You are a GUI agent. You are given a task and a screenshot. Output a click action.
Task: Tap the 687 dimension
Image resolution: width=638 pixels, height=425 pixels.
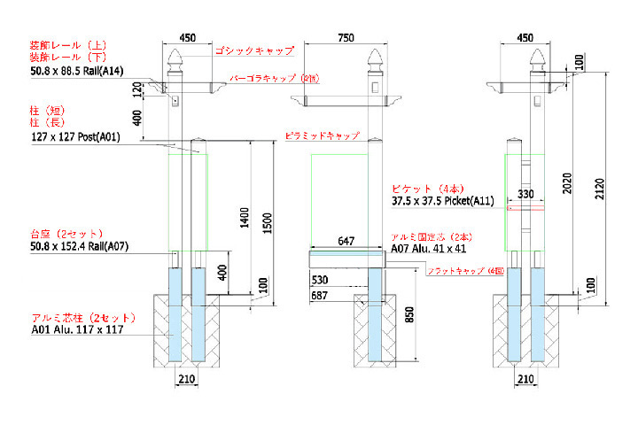point(321,295)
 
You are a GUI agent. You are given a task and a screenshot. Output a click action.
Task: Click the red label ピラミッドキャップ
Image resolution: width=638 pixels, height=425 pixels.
point(323,136)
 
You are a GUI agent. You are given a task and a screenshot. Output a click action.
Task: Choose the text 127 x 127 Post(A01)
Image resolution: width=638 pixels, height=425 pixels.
point(74,138)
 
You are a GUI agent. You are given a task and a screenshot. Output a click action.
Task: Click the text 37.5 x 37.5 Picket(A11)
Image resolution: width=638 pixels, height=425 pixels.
point(442,201)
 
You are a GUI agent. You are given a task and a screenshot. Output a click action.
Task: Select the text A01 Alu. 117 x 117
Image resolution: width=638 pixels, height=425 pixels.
point(78,329)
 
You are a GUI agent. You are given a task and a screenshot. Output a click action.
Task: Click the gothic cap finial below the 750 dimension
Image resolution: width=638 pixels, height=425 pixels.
point(375,64)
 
